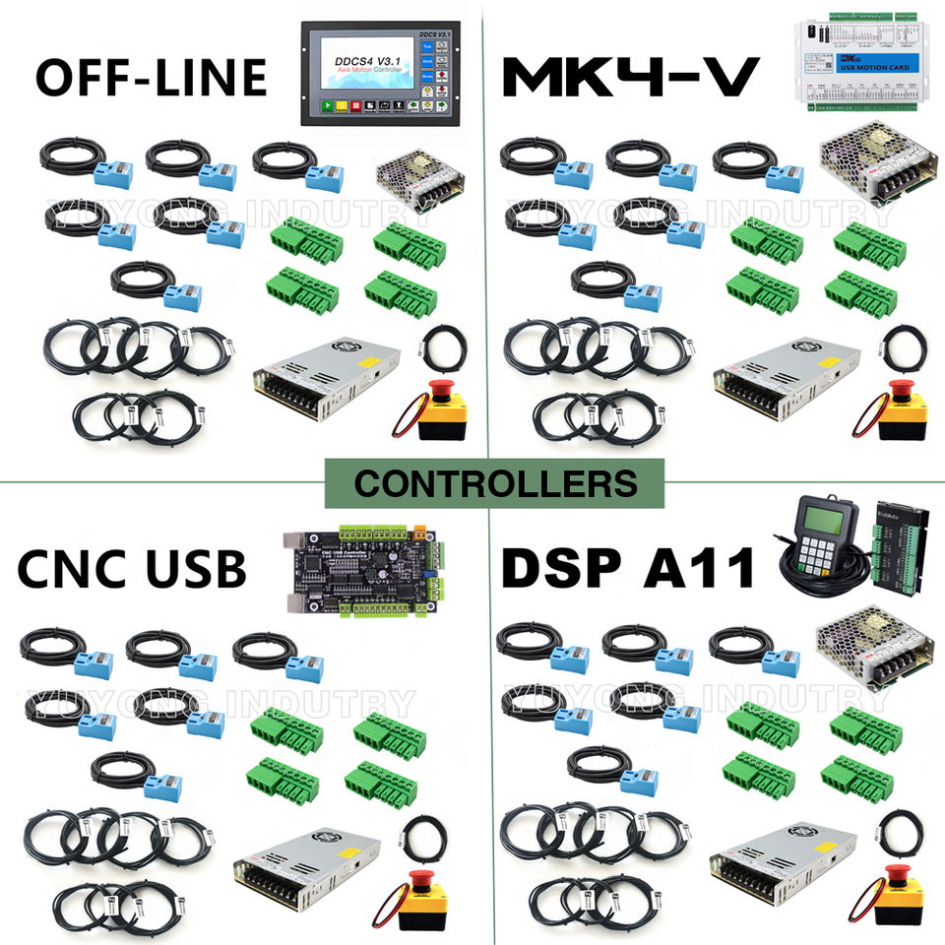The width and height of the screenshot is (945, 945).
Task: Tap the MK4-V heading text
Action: [x=630, y=77]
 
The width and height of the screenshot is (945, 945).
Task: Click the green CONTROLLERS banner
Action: [x=495, y=483]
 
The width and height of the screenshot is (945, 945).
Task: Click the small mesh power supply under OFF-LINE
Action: [x=420, y=183]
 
